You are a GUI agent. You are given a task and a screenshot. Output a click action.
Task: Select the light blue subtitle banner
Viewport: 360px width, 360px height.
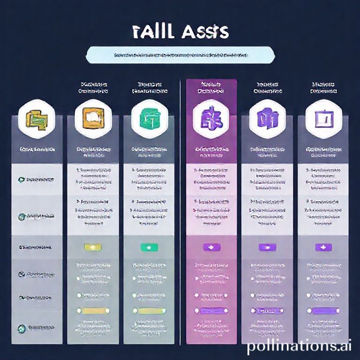pyautogui.click(x=180, y=55)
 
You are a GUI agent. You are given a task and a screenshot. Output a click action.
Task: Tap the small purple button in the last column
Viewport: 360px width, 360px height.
pyautogui.click(x=323, y=247)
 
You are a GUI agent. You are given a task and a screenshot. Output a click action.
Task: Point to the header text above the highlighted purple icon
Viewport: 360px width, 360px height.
pyautogui.click(x=210, y=88)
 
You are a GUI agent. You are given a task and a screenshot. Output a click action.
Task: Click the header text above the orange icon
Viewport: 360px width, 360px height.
pyautogui.click(x=92, y=88)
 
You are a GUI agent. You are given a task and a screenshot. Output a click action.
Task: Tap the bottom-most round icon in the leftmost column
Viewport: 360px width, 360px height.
pyautogui.click(x=22, y=329)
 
